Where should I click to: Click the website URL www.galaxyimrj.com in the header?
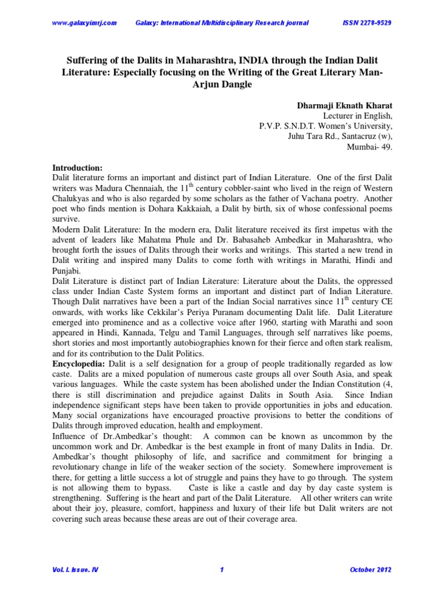click(x=85, y=23)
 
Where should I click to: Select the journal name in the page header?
click(x=222, y=23)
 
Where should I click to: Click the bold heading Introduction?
click(x=77, y=167)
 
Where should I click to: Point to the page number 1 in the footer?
click(x=222, y=570)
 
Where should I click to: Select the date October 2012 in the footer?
click(x=371, y=570)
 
